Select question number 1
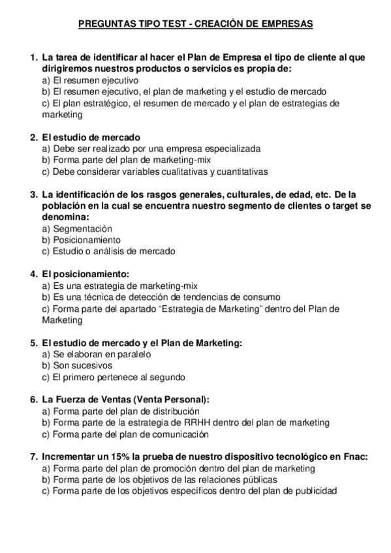[33, 57]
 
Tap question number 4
[33, 274]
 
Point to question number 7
[33, 456]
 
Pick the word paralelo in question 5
[133, 354]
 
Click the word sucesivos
[94, 365]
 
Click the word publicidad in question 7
[316, 490]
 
